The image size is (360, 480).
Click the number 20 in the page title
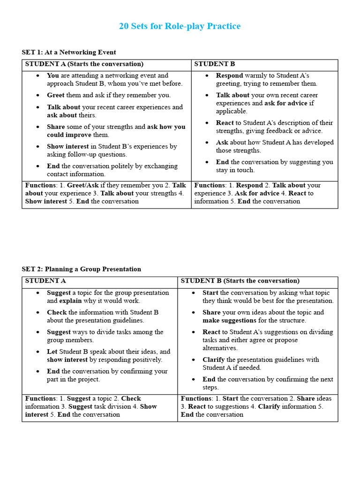[124, 26]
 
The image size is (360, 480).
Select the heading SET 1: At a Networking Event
[69, 52]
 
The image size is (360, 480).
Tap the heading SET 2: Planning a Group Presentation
[81, 269]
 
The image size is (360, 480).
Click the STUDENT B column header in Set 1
[214, 64]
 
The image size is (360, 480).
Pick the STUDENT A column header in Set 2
[45, 281]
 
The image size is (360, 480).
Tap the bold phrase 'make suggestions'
[229, 321]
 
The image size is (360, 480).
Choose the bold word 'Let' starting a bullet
[52, 352]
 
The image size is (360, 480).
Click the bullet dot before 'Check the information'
[37, 313]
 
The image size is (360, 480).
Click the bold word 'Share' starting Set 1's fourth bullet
[56, 127]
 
